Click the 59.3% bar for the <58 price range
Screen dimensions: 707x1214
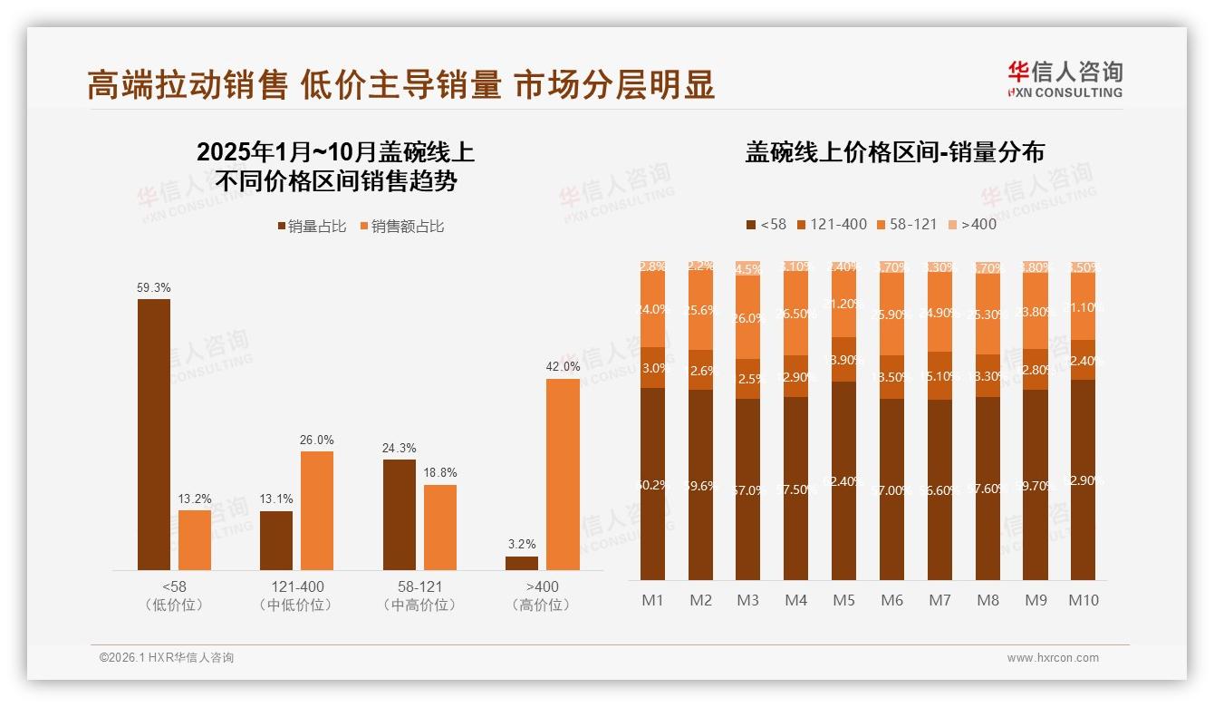154,434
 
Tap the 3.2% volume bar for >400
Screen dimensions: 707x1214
522,563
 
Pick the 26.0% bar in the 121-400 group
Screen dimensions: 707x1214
317,510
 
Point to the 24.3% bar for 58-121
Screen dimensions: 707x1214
400,514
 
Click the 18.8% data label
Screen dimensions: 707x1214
440,472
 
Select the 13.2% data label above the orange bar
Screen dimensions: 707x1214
195,498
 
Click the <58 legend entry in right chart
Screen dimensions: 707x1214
766,224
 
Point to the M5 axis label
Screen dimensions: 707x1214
843,600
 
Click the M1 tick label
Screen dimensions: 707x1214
652,600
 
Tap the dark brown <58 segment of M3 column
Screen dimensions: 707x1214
747,489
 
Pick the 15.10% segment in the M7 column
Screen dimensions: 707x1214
939,375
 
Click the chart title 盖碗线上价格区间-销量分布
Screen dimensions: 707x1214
894,152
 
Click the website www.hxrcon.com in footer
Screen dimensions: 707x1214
1053,658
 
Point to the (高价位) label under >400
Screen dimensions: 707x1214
542,605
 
